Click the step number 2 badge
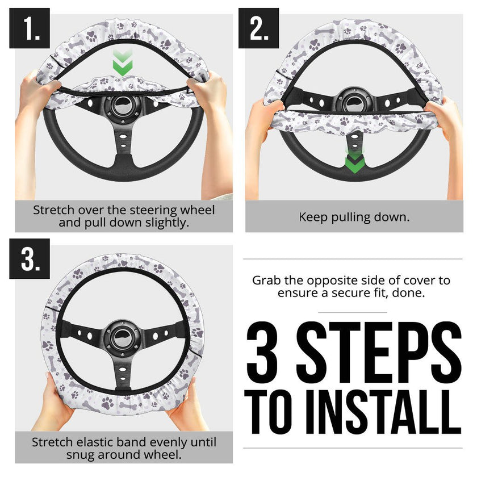(x=259, y=28)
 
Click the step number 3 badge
(x=30, y=259)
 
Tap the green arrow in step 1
(x=123, y=63)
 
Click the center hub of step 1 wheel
(x=123, y=106)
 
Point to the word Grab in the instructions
(x=267, y=281)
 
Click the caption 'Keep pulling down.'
(x=354, y=217)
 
